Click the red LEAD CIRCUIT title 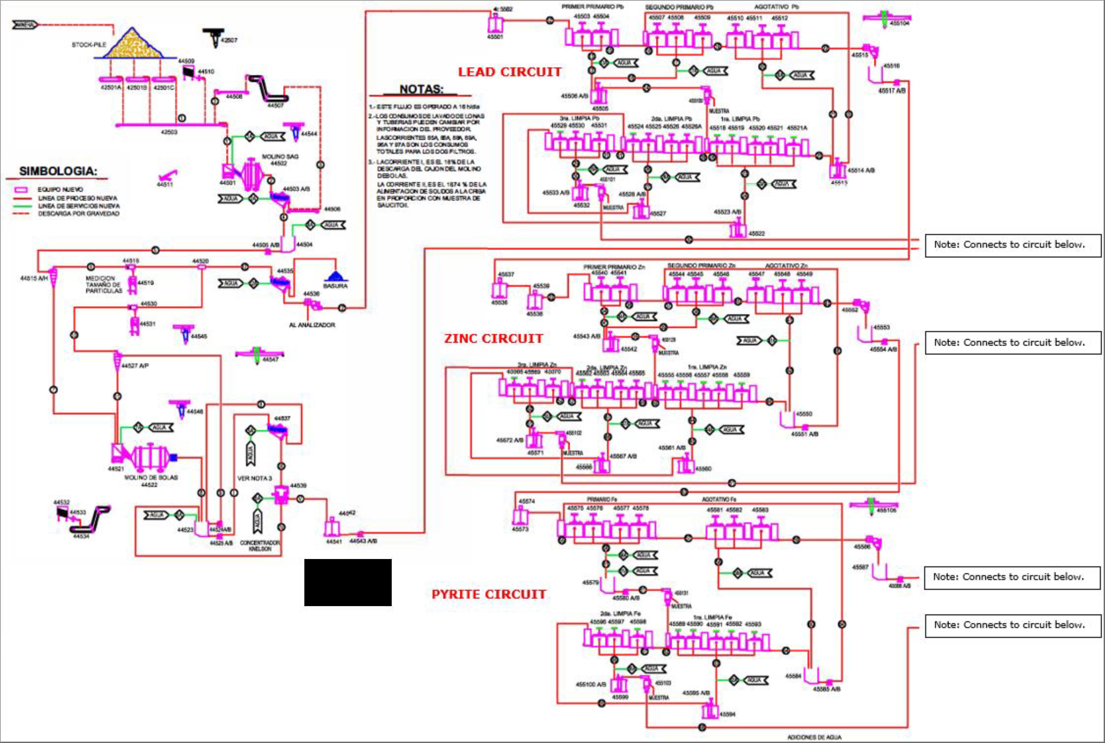click(510, 72)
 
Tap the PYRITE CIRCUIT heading click(489, 594)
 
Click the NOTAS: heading click(421, 90)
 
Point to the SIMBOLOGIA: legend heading click(58, 171)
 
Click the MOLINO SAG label click(280, 156)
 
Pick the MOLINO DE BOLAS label click(151, 478)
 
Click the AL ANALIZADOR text click(312, 325)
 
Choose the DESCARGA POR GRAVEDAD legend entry click(79, 214)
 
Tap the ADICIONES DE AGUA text click(814, 737)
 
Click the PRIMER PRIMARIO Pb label click(593, 7)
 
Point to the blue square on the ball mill click(174, 457)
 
